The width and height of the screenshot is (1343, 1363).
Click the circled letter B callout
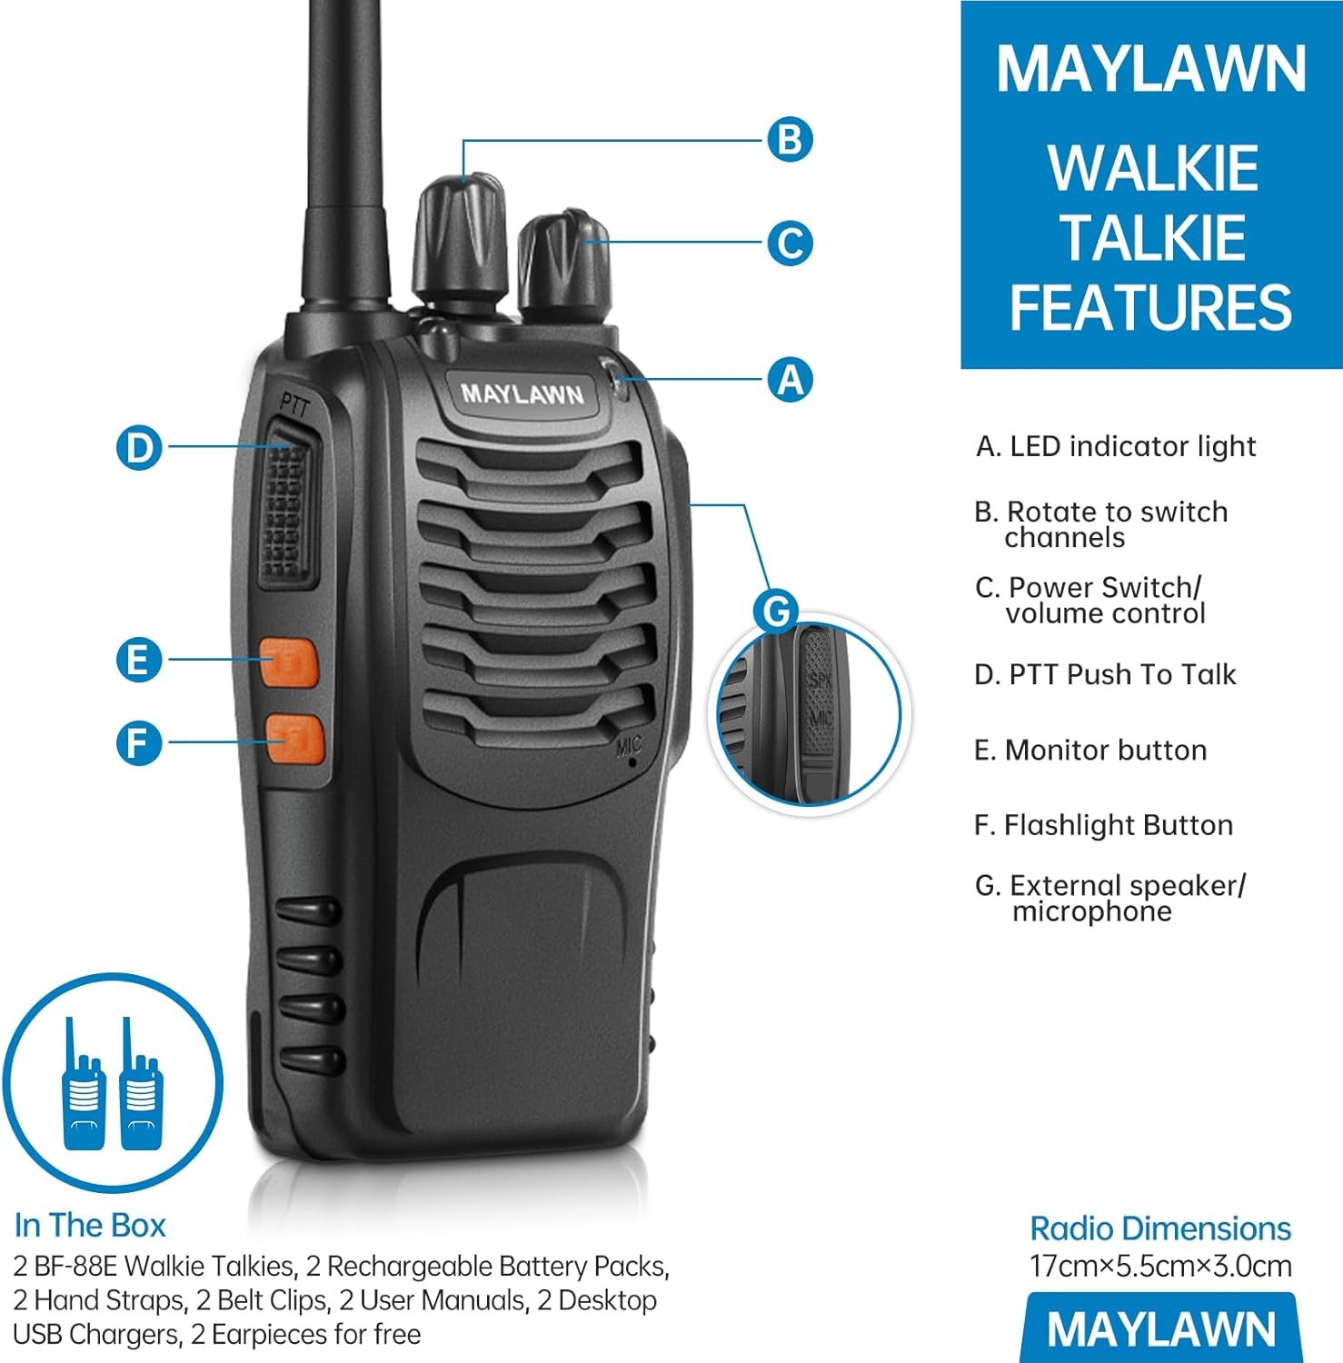pyautogui.click(x=790, y=140)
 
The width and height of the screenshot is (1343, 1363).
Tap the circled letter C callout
pyautogui.click(x=790, y=244)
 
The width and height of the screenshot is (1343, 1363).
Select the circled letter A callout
pyautogui.click(x=790, y=379)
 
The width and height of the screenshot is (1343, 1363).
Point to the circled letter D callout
pyautogui.click(x=139, y=448)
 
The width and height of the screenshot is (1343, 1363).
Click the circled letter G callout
pyautogui.click(x=777, y=612)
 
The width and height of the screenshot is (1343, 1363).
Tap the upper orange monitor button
pyautogui.click(x=289, y=662)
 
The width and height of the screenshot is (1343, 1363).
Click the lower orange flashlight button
pyautogui.click(x=294, y=737)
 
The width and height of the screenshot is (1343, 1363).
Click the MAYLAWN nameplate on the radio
pyautogui.click(x=522, y=394)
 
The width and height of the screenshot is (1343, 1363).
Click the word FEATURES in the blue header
pyautogui.click(x=1150, y=308)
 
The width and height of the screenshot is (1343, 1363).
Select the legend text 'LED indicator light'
pyautogui.click(x=1132, y=446)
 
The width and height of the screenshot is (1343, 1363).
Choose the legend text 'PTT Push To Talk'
pyautogui.click(x=1122, y=674)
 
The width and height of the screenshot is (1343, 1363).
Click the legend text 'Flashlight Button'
pyautogui.click(x=1118, y=825)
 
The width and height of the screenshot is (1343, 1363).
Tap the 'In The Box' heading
pyautogui.click(x=90, y=1225)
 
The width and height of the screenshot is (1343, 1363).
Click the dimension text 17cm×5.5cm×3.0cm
pyautogui.click(x=1160, y=1266)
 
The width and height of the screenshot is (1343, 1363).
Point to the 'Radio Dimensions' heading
pyautogui.click(x=1160, y=1229)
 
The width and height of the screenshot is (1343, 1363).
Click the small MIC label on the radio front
pyautogui.click(x=628, y=746)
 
